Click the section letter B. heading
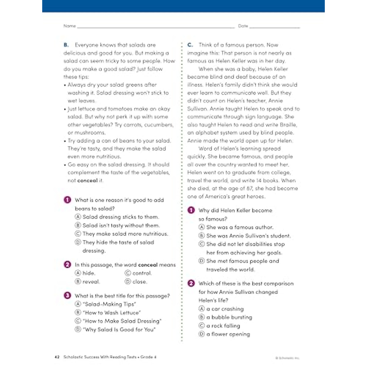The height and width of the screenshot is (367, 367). [x=66, y=45]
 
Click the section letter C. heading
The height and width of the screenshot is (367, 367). [x=190, y=45]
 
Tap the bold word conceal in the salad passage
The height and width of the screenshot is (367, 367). [x=87, y=180]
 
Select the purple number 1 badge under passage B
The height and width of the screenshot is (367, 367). [x=67, y=200]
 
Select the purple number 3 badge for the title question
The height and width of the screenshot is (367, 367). [x=67, y=295]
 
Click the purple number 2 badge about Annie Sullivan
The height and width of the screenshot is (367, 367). [x=191, y=283]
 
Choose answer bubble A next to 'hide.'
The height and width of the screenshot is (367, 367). [x=78, y=273]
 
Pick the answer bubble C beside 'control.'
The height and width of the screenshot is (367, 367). [x=128, y=273]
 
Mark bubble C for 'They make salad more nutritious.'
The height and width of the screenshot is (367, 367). [x=78, y=234]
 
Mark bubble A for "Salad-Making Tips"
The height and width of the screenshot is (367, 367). [x=78, y=304]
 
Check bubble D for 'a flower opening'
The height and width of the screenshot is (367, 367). [x=202, y=334]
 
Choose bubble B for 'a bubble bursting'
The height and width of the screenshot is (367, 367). [x=202, y=317]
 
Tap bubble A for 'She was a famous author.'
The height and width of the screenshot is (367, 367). [x=202, y=227]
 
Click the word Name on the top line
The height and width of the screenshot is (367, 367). [x=69, y=26]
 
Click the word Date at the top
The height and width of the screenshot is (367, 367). [x=243, y=26]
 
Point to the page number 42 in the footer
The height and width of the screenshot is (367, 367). [x=57, y=357]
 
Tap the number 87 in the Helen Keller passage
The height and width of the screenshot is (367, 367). [x=250, y=188]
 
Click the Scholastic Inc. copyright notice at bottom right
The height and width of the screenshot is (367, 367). [x=287, y=358]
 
